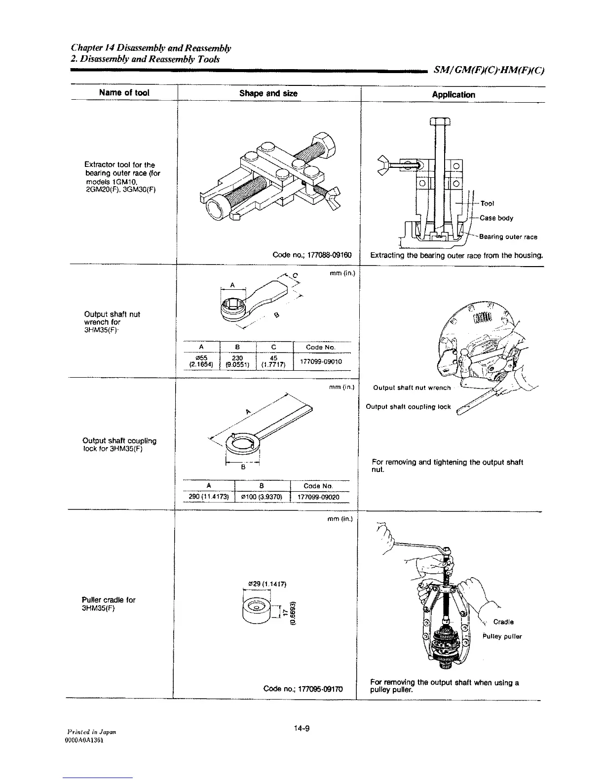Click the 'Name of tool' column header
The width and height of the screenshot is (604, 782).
[x=124, y=93]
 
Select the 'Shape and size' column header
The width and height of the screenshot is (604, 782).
[x=268, y=93]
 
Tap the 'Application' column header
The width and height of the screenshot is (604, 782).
[x=453, y=95]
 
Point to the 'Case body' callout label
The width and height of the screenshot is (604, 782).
[x=498, y=218]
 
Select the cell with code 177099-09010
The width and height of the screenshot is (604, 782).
[x=322, y=361]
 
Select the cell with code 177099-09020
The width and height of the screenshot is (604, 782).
[x=320, y=497]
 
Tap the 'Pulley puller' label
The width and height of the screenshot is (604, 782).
[x=502, y=636]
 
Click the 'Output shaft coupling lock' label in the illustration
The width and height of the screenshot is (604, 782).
[x=408, y=407]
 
